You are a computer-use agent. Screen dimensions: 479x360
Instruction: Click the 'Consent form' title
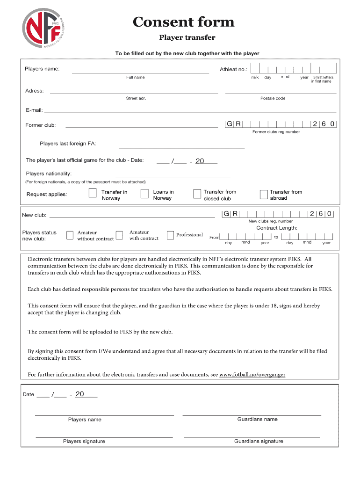coord(183,22)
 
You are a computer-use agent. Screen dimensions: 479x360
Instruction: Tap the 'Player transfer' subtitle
coord(187,37)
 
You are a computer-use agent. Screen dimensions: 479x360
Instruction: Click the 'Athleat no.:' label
coord(233,70)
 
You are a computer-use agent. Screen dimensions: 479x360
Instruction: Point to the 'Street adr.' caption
coord(136,98)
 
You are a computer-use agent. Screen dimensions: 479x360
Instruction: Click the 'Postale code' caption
coord(273,98)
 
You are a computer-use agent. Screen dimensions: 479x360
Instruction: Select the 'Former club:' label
coord(41,125)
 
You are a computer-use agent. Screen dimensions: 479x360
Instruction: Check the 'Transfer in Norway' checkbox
coord(93,194)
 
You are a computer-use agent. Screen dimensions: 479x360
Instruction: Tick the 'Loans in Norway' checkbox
coord(144,194)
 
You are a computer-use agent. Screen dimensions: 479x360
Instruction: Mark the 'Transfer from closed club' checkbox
coord(197,194)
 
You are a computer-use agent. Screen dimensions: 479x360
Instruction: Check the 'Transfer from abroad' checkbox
coord(263,194)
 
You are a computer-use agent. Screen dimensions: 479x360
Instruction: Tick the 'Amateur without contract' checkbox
coord(70,235)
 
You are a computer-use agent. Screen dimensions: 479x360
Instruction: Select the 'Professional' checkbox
coord(170,235)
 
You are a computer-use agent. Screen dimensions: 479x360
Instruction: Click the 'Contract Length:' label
coord(276,228)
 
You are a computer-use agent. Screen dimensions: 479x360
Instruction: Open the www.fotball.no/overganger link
coord(252,375)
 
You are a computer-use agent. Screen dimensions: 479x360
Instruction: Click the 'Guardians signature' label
coord(259,441)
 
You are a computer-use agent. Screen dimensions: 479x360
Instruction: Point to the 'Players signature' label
coord(84,441)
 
